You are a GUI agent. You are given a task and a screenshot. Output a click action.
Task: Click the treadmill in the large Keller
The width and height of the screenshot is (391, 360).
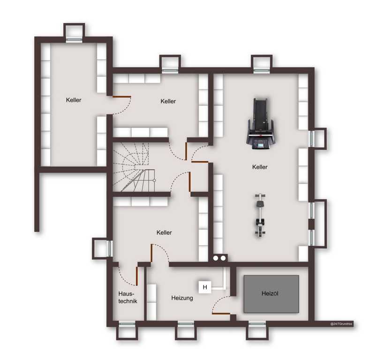pos(260,124)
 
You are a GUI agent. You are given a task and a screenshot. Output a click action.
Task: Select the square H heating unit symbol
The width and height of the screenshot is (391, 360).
pos(205,287)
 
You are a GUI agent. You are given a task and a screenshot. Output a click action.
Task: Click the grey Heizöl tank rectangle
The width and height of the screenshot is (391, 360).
pos(271,294)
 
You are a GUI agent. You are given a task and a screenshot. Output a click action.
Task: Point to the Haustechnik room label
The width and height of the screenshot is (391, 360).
pos(128,297)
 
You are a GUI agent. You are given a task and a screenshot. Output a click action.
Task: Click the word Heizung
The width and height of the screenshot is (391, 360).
pos(182,298)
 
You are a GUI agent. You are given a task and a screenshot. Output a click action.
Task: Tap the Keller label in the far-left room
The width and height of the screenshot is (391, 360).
pos(74,100)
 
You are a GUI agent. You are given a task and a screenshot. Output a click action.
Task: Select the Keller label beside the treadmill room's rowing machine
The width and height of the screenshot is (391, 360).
pos(260,167)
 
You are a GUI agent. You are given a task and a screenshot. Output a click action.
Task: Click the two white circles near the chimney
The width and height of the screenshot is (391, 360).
pos(219,258)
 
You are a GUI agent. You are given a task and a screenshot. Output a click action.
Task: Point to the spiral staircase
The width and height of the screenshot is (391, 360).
pos(134,167)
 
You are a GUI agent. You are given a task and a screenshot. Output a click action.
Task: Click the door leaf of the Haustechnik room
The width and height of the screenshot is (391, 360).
pos(137,276)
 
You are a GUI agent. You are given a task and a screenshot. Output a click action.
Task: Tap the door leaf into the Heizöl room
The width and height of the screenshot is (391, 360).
pos(221,313)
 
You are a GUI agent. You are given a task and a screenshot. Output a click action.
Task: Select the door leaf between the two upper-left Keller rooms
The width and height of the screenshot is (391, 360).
pos(122,97)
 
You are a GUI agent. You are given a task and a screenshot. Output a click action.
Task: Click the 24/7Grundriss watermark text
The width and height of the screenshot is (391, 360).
pos(341,324)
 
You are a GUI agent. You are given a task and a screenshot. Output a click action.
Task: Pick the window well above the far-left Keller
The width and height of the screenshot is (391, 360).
pos(74,32)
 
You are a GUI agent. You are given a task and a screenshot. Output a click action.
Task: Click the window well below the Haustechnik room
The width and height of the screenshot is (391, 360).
pos(127,330)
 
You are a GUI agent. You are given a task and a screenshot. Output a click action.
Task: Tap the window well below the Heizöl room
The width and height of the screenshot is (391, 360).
pos(257,330)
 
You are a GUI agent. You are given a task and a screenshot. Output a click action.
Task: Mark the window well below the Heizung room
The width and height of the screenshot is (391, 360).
pos(186,330)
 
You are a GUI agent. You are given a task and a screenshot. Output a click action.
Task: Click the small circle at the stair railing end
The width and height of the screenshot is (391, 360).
pos(154,180)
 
